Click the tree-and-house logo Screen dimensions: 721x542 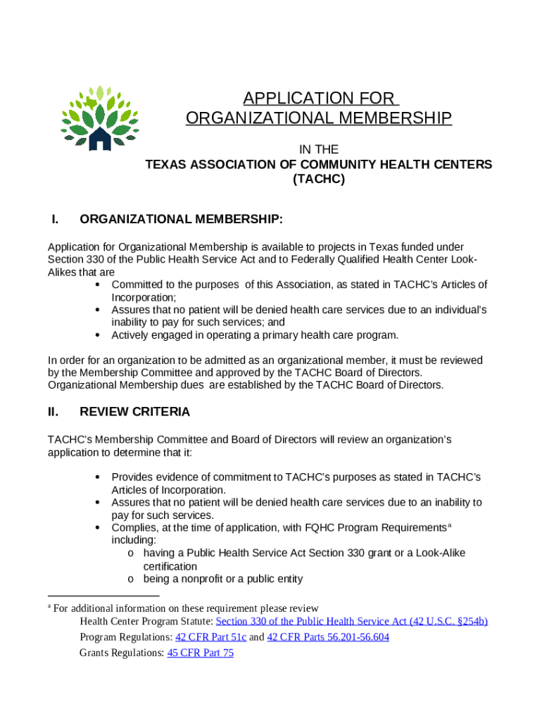tap(99, 118)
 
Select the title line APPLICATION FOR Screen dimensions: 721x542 tap(318, 98)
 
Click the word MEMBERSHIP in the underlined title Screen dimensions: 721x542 tap(384, 118)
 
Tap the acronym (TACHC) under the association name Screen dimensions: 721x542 tap(318, 180)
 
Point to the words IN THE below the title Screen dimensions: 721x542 tap(319, 149)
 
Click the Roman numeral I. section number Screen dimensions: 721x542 tap(54, 220)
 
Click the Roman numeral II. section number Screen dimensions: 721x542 tap(53, 412)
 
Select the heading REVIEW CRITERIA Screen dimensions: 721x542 tap(134, 412)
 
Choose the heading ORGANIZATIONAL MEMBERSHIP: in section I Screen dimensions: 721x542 tap(182, 220)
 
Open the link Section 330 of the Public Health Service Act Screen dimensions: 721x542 tap(351, 621)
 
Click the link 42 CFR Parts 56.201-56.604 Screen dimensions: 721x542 tap(328, 637)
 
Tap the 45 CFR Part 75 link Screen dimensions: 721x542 tap(200, 653)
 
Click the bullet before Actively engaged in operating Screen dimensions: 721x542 tap(96, 334)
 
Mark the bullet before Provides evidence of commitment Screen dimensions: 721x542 tap(96, 477)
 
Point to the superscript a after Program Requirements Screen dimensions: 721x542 tap(449, 525)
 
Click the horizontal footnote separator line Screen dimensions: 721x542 tap(103, 596)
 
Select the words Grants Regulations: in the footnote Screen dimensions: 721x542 tap(122, 653)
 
